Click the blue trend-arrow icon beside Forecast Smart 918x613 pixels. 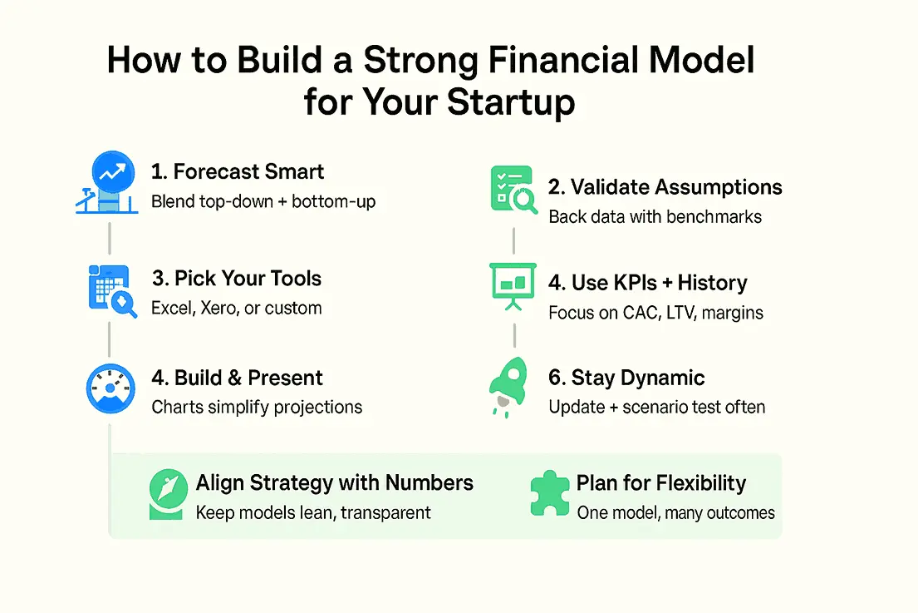coord(107,182)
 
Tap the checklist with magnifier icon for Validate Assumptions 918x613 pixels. coord(513,190)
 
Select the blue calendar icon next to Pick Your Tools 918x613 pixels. coord(112,290)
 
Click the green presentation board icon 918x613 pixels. coord(513,286)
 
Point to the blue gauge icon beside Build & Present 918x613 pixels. coord(110,388)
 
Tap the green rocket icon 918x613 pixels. coord(508,387)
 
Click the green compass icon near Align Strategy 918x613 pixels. coord(168,494)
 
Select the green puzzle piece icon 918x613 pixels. coord(549,493)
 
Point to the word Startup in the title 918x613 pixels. coord(511,103)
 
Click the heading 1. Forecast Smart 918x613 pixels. coord(237,171)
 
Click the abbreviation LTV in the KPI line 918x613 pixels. coord(680,313)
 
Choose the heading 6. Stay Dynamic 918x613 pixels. coord(626,378)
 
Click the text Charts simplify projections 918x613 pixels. coord(257,408)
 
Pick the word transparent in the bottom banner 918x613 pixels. coord(385,513)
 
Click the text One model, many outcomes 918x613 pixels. coord(676,513)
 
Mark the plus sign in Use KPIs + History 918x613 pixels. coord(667,283)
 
